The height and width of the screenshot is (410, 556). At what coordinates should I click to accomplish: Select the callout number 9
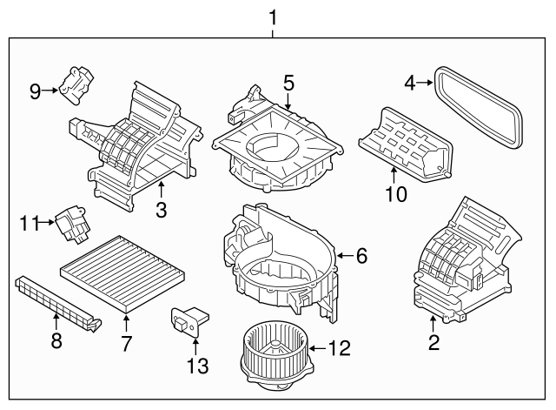coord(35,91)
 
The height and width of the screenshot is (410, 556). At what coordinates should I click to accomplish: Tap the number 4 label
coord(410,84)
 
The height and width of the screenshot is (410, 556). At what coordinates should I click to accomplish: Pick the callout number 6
coord(362,255)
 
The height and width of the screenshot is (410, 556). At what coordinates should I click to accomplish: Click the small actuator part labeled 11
coord(71,223)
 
